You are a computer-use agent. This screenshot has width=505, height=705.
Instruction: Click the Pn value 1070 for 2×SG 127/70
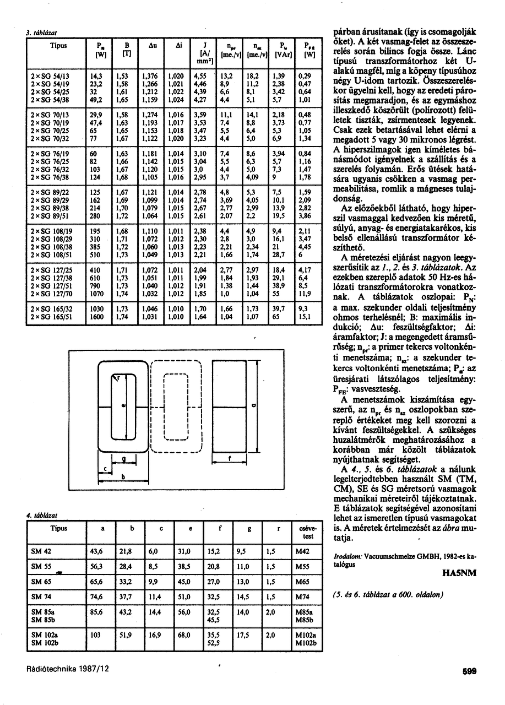pyautogui.click(x=98, y=294)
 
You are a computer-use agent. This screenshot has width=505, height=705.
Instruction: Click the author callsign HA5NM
pyautogui.click(x=459, y=573)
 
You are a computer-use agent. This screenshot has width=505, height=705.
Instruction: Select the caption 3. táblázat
pyautogui.click(x=39, y=32)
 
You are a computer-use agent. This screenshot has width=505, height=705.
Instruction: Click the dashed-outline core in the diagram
pyautogui.click(x=176, y=406)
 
